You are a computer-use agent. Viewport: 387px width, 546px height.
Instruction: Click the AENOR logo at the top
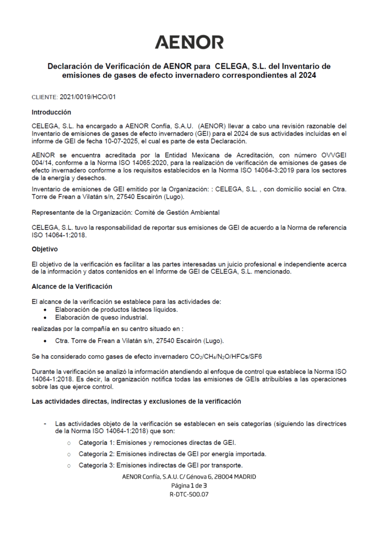(x=189, y=42)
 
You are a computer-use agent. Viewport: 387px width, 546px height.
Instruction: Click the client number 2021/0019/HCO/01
(x=88, y=98)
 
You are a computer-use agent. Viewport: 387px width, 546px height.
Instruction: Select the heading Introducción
(x=51, y=113)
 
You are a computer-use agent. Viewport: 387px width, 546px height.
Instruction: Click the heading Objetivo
(x=45, y=249)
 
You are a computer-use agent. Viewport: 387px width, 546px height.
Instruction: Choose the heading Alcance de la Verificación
(x=72, y=286)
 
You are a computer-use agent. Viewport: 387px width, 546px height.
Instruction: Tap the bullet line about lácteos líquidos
(x=117, y=310)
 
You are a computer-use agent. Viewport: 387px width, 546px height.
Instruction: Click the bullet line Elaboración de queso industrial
(x=101, y=317)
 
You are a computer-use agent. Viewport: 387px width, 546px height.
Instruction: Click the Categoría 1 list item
(x=157, y=443)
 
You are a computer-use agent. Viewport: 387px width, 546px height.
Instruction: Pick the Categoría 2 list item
(x=172, y=454)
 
